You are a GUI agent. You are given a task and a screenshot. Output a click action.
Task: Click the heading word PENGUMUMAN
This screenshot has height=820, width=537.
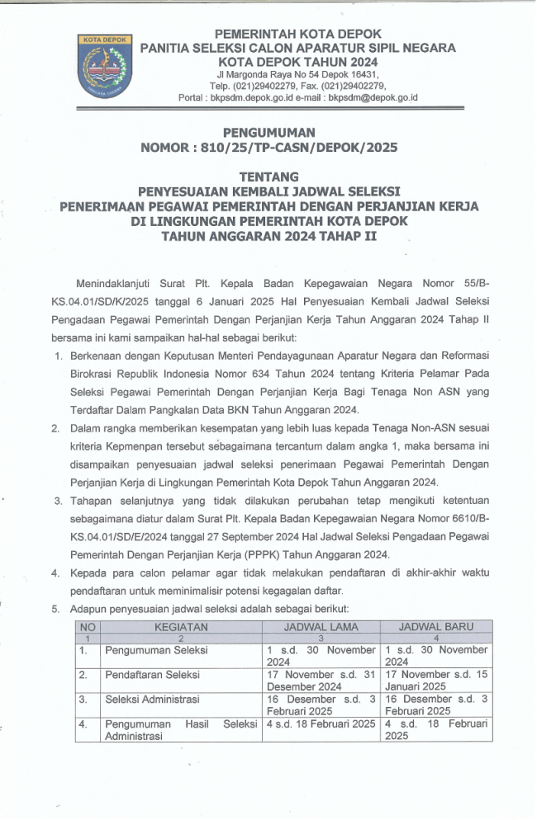pyautogui.click(x=268, y=132)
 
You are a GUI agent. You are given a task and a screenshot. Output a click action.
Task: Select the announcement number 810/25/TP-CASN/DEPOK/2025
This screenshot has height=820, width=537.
pyautogui.click(x=269, y=148)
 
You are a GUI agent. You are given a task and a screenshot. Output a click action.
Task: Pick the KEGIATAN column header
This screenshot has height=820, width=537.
pyautogui.click(x=181, y=627)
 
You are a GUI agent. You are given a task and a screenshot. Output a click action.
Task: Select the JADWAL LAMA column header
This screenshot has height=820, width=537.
pyautogui.click(x=321, y=627)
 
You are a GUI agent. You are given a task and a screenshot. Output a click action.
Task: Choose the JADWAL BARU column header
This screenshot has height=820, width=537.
pyautogui.click(x=437, y=627)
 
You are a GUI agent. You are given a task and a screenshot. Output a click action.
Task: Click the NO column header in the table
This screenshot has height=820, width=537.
pyautogui.click(x=88, y=627)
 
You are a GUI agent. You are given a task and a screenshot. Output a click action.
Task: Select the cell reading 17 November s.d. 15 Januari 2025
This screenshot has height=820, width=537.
pyautogui.click(x=437, y=680)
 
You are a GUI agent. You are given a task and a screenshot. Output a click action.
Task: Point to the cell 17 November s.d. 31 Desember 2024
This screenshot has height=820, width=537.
pyautogui.click(x=321, y=680)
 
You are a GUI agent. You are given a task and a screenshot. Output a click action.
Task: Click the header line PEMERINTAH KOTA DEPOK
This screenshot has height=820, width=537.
pyautogui.click(x=298, y=34)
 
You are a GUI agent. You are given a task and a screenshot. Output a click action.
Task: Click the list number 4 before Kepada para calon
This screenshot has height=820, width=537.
pyautogui.click(x=55, y=573)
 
